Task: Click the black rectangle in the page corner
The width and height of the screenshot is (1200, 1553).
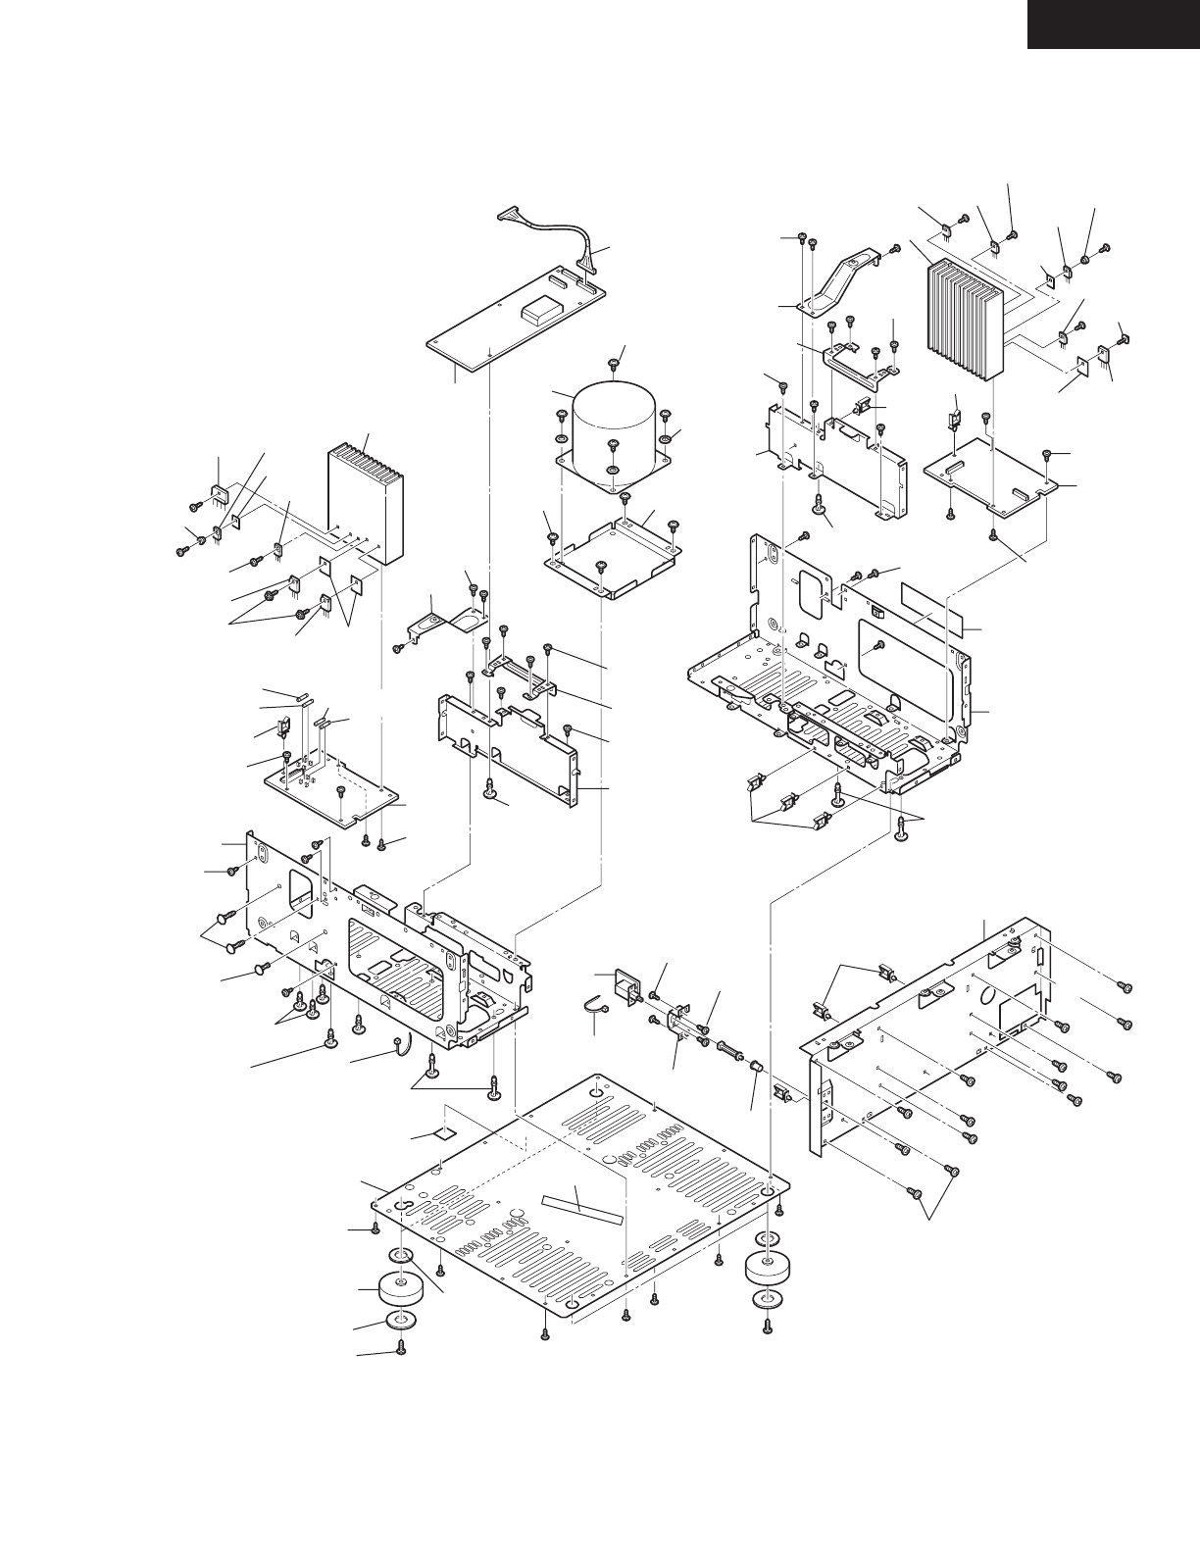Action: pos(1113,24)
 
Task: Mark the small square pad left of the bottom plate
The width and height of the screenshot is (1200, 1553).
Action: pos(446,1133)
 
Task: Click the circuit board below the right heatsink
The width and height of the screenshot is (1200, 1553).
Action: pos(990,474)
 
